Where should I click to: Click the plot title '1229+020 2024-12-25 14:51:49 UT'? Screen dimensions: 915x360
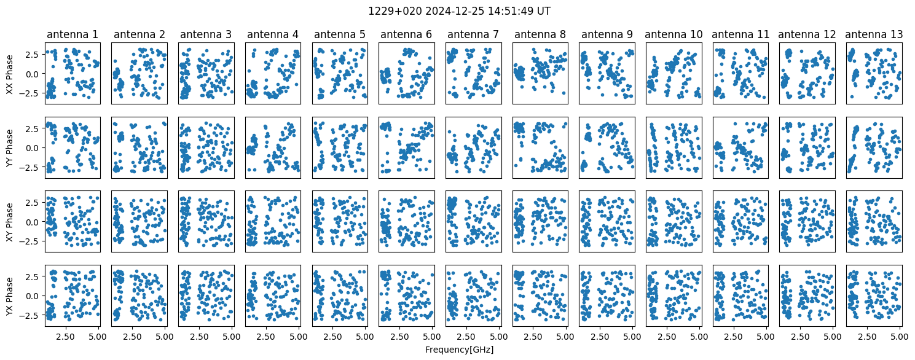[x=459, y=12]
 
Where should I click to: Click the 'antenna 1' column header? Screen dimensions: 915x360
[x=73, y=34]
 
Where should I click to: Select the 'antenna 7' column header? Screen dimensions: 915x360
[x=473, y=34]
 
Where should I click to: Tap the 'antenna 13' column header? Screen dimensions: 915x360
[x=874, y=34]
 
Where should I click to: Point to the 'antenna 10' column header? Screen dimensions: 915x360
[x=673, y=34]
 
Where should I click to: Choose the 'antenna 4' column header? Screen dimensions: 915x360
[x=272, y=34]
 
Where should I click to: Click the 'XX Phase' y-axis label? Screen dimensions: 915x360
[x=9, y=74]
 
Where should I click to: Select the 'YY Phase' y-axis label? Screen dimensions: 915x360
[x=9, y=148]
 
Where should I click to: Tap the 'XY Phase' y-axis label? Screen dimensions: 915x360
[x=9, y=222]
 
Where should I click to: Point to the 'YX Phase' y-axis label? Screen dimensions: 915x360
[x=9, y=296]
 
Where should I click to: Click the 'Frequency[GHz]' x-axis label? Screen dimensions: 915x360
[x=459, y=350]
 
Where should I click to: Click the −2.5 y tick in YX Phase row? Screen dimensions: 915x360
[x=31, y=316]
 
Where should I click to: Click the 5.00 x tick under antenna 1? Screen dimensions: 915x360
[x=97, y=337]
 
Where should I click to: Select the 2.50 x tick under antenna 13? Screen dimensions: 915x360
[x=866, y=337]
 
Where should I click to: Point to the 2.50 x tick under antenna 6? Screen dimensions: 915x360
[x=399, y=337]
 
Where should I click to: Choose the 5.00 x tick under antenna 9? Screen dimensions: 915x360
[x=632, y=337]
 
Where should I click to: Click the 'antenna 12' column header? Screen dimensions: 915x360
[x=807, y=34]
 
